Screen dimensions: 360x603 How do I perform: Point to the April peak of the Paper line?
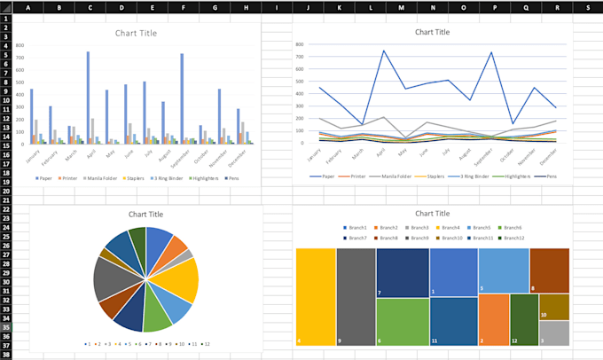(x=384, y=51)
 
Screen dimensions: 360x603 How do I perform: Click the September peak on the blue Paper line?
(x=491, y=52)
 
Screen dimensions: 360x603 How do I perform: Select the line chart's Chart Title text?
(x=432, y=32)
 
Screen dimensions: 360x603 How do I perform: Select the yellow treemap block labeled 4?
(x=315, y=296)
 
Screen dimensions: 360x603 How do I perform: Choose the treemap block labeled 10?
(x=553, y=307)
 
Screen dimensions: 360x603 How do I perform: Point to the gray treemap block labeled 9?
(x=356, y=296)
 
